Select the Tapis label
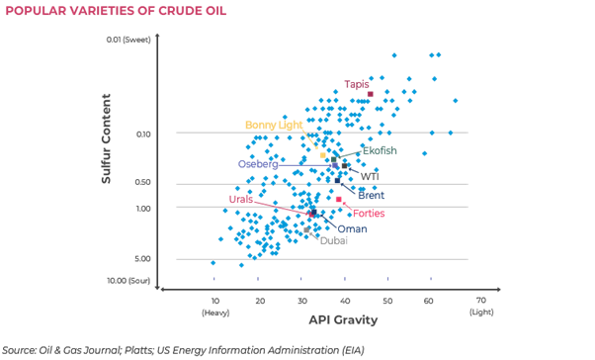click(x=356, y=84)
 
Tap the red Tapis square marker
click(x=371, y=94)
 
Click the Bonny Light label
click(x=274, y=125)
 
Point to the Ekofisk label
click(x=380, y=150)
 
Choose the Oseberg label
click(x=257, y=164)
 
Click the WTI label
click(x=369, y=177)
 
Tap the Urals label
click(x=241, y=199)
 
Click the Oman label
click(x=352, y=229)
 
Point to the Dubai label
click(x=333, y=240)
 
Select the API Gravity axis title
click(x=344, y=320)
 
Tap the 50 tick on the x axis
click(x=386, y=300)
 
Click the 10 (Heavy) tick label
click(x=214, y=305)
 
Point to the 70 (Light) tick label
click(x=480, y=305)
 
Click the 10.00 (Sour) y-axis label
click(x=128, y=280)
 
